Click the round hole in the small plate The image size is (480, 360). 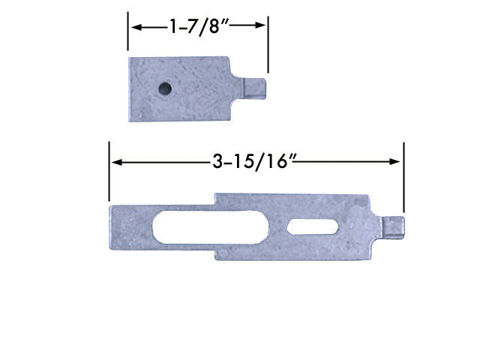click(x=163, y=89)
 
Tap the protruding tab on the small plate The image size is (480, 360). click(x=254, y=85)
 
